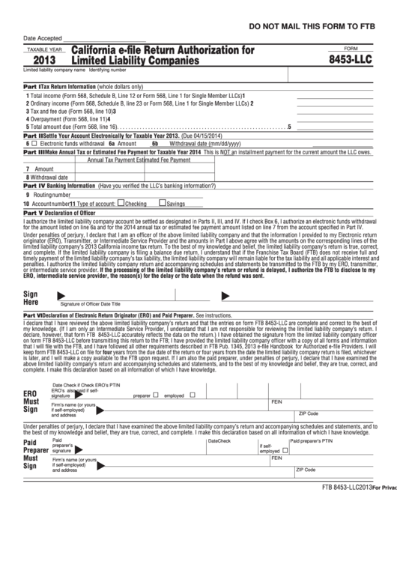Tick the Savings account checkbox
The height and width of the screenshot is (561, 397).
pyautogui.click(x=163, y=203)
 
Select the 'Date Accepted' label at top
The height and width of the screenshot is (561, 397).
pyautogui.click(x=42, y=39)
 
